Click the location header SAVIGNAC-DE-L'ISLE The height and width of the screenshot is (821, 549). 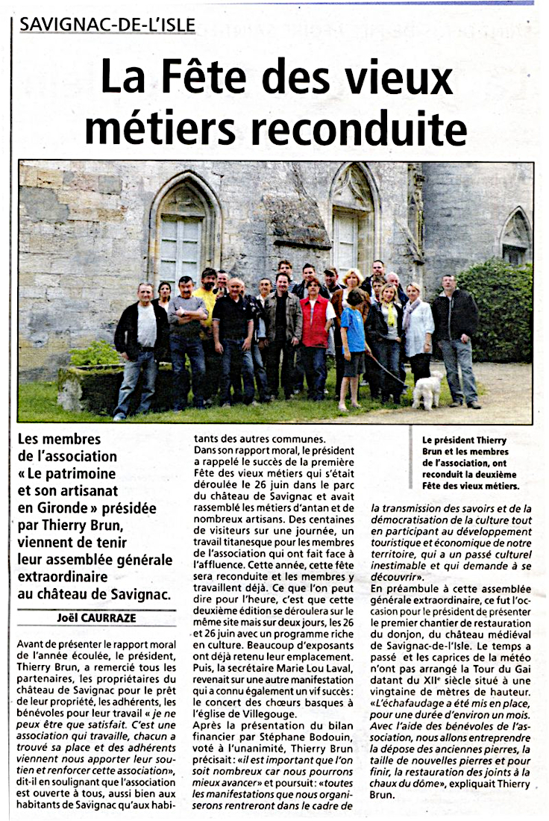point(107,25)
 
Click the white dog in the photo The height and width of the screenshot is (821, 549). point(427,390)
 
